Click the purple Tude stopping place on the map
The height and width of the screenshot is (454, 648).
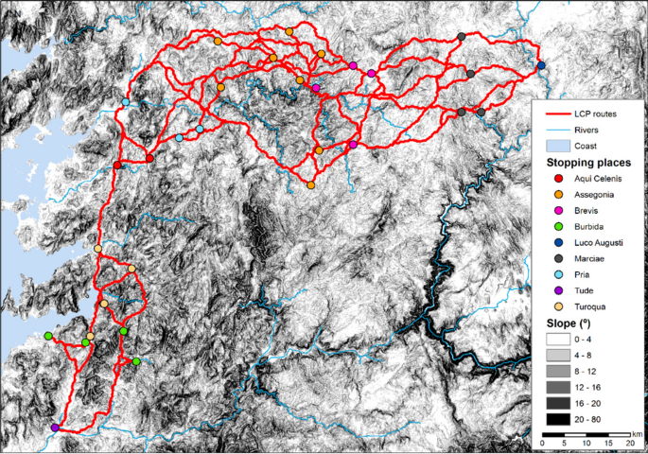pyautogui.click(x=55, y=428)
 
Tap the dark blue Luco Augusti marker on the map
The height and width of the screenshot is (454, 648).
pyautogui.click(x=541, y=65)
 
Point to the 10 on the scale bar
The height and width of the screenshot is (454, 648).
pyautogui.click(x=587, y=443)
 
